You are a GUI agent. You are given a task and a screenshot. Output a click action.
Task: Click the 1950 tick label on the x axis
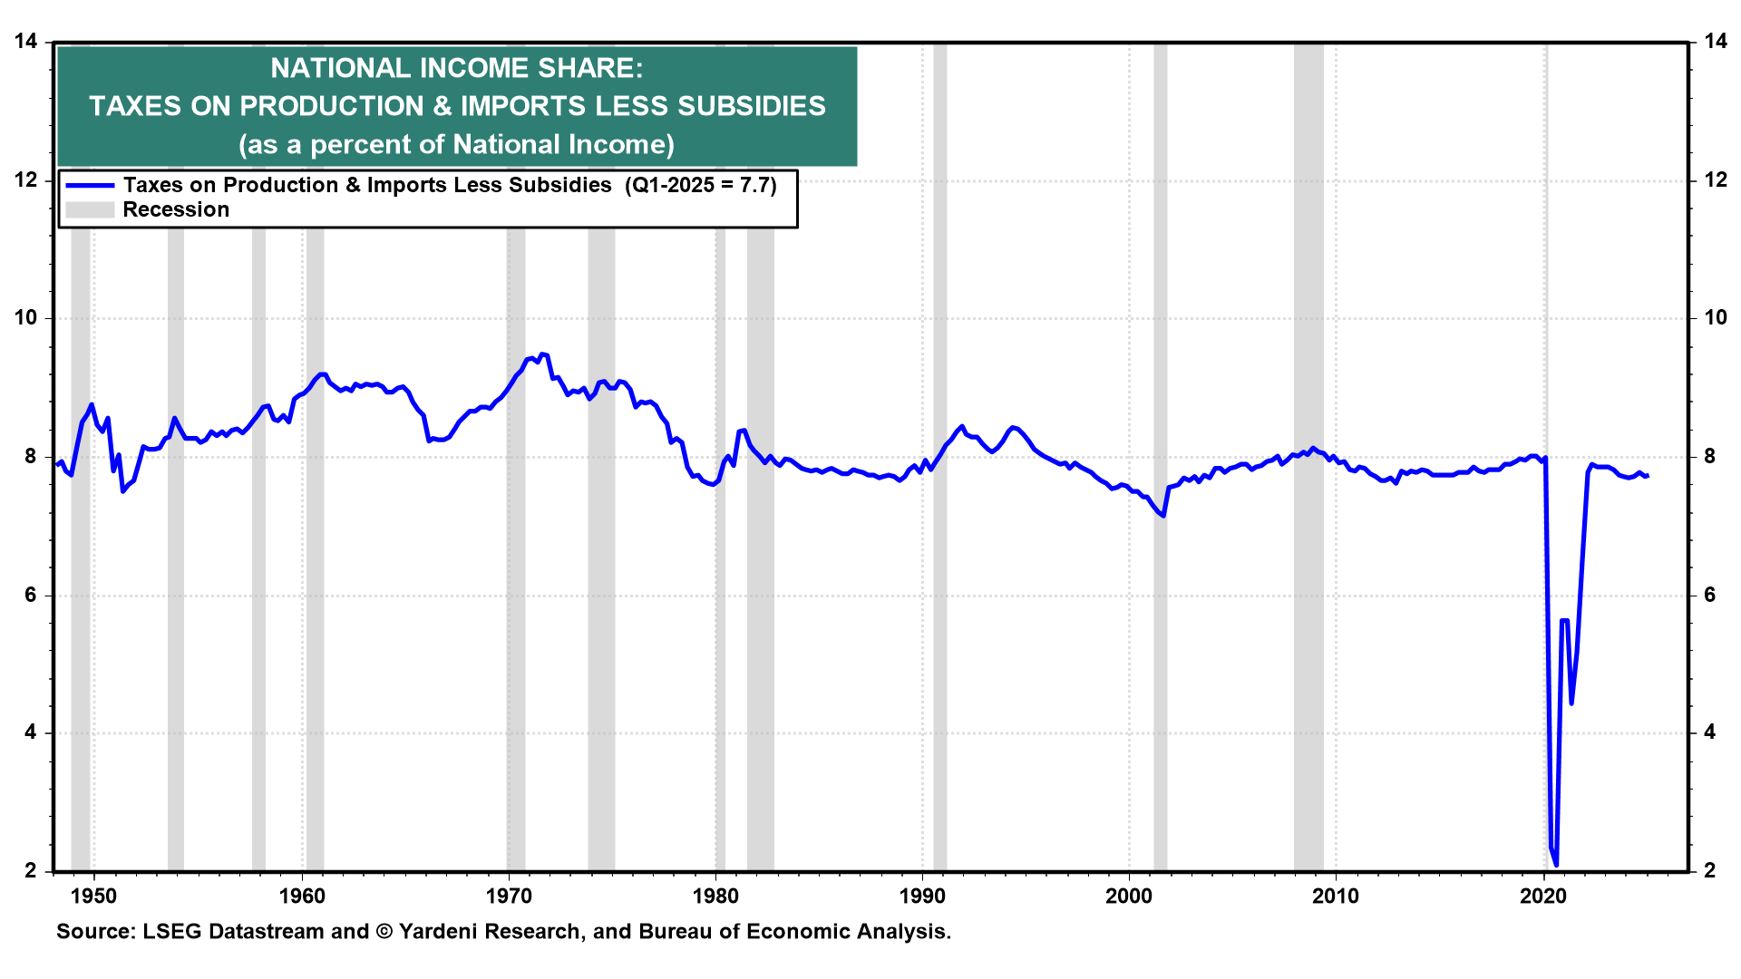pos(93,897)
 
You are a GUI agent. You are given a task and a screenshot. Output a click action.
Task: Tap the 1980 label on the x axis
pos(715,897)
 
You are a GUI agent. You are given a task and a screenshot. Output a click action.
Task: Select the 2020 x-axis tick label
pos(1542,897)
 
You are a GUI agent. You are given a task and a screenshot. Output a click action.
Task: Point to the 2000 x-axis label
pos(1129,897)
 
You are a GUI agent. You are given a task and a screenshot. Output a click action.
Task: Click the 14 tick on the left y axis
pos(25,42)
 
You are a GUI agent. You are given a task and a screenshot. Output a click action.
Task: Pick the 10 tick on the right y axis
pos(1716,318)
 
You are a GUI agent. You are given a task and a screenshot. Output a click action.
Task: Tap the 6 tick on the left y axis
pos(31,595)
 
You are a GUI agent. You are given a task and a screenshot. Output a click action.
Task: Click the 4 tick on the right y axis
pos(1710,732)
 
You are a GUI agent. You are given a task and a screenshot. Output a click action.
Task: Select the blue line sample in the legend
pos(90,186)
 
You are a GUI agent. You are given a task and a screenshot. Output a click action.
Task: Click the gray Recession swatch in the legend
pos(90,210)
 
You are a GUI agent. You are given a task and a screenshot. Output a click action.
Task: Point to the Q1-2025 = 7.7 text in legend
pos(701,186)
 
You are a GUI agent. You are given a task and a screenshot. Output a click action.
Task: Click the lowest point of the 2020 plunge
pos(1556,865)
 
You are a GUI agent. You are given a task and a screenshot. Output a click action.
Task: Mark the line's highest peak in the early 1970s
pos(541,354)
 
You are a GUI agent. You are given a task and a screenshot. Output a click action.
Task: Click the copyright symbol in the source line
pos(384,932)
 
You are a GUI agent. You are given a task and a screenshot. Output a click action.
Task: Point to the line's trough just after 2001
pos(1162,516)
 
